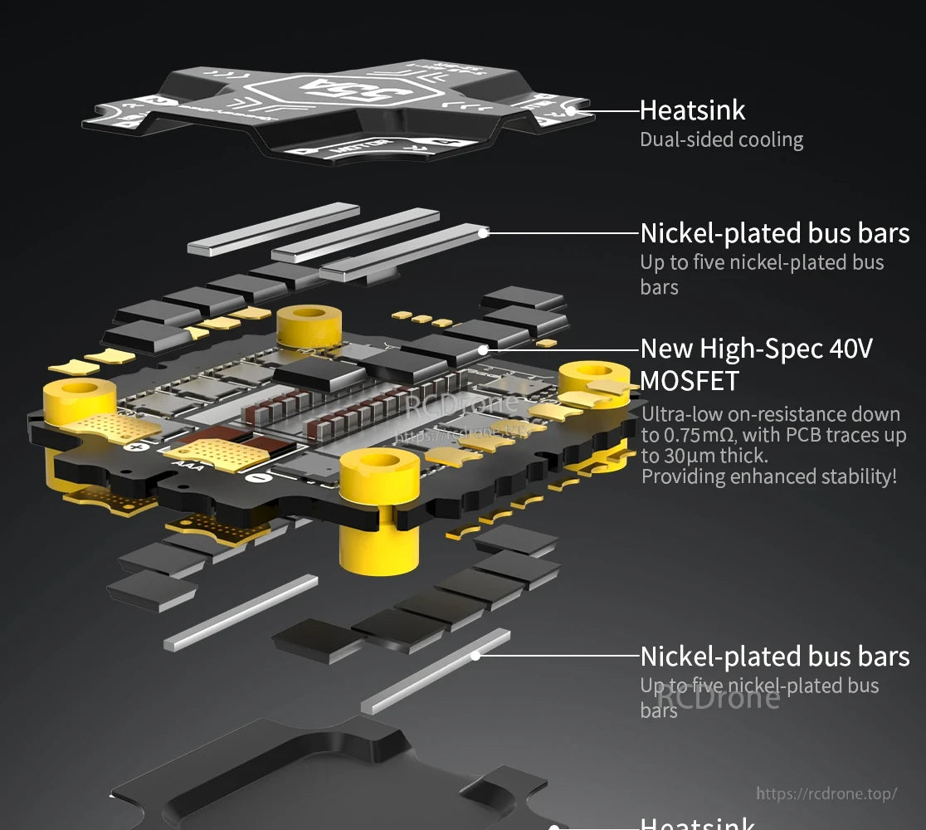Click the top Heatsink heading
pos(692,110)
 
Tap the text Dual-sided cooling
pos(721,139)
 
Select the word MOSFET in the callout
pos(689,381)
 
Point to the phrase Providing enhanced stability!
pos(769,476)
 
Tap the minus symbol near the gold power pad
pos(259,477)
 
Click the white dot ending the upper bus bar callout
pos(484,233)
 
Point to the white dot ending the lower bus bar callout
pos(476,655)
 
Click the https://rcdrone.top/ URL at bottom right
pos(826,793)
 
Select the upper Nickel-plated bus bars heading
pos(774,233)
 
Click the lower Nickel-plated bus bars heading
pos(774,657)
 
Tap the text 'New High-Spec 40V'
pos(756,348)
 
